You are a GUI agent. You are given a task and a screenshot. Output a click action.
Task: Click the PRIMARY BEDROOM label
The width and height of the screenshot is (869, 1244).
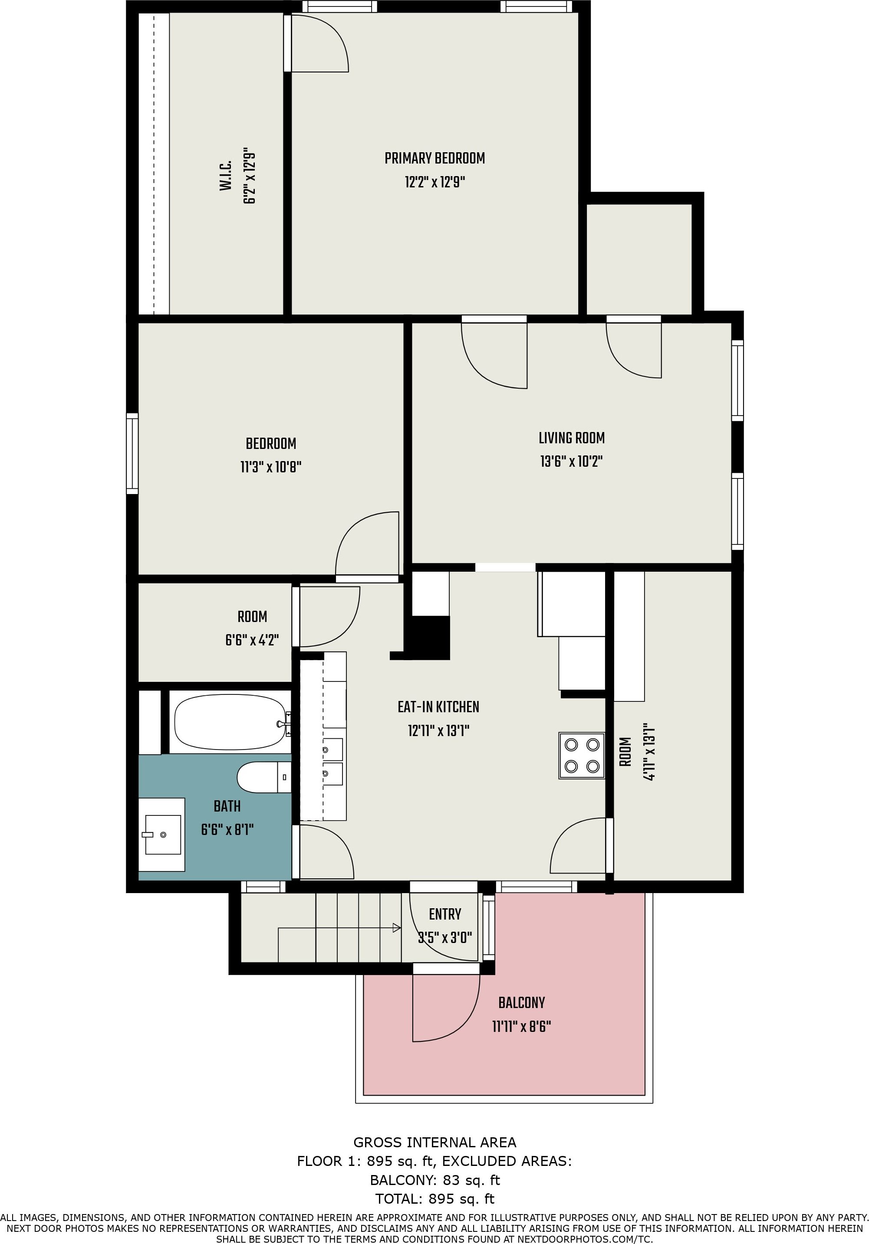pos(435,158)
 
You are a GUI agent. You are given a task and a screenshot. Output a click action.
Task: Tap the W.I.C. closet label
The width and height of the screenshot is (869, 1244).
pos(226,175)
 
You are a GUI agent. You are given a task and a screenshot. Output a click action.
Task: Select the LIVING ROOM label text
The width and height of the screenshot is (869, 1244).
pos(571,438)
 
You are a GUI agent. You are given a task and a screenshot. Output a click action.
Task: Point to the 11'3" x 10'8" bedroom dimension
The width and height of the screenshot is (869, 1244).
pos(270,467)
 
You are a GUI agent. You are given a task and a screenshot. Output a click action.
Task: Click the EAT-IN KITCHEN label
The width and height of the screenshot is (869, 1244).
pos(438,707)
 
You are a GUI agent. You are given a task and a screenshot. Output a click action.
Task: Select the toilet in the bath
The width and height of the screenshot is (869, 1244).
pos(264,777)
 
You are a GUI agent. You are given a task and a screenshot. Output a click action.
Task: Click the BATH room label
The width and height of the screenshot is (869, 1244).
pos(227,806)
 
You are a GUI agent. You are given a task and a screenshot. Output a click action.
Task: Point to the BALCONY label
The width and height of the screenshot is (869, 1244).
pos(521,1002)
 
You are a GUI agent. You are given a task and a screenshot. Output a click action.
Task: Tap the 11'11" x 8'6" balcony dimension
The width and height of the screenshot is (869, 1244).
pos(521,1026)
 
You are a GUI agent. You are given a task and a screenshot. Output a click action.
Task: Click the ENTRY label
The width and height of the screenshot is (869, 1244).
pos(444,914)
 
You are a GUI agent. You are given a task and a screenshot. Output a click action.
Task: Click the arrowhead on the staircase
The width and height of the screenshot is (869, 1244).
pos(397,928)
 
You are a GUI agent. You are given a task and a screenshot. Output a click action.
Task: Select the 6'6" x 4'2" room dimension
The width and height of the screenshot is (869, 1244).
pos(252,640)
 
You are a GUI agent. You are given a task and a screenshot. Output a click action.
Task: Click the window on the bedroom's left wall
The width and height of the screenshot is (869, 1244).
pos(132,454)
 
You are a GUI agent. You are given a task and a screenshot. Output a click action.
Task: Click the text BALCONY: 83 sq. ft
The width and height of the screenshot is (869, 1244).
pos(435,1180)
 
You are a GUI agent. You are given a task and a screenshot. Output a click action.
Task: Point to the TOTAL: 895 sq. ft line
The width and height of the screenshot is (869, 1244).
pos(435,1198)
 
